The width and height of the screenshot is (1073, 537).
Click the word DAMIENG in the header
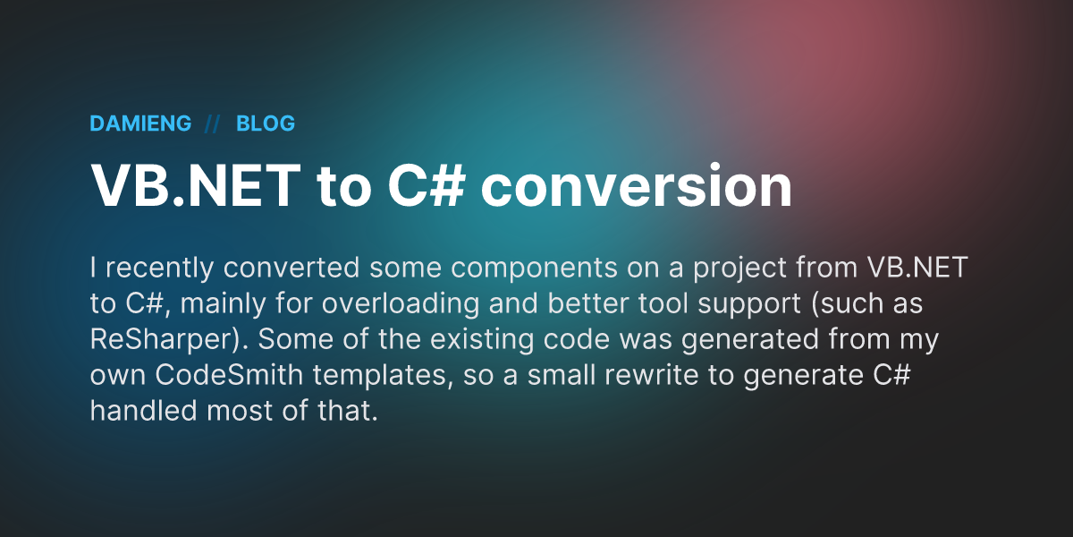(140, 124)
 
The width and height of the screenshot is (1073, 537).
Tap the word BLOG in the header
(266, 124)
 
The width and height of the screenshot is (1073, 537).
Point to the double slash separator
(212, 124)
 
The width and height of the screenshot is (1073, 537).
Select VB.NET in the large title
(196, 185)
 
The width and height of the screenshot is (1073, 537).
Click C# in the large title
(426, 185)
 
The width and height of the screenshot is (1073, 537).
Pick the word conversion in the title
(636, 185)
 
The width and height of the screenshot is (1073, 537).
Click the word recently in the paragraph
(159, 268)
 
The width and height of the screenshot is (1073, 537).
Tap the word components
(534, 268)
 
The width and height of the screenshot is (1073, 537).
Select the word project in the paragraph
(739, 268)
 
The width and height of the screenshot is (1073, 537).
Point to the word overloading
(400, 304)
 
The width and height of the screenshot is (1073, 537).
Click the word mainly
(223, 304)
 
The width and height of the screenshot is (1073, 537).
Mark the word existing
(481, 339)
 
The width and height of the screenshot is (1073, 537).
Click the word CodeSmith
(229, 374)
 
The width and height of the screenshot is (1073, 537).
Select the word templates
(379, 375)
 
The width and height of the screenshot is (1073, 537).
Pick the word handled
(143, 411)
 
